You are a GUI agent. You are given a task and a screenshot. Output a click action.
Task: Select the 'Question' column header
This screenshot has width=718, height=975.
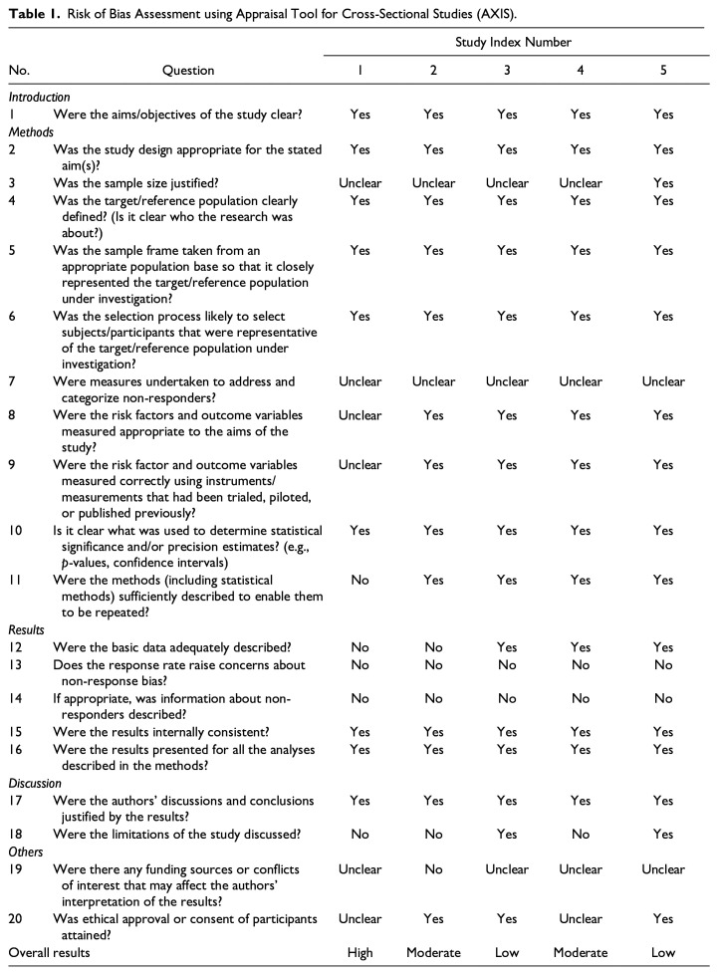tap(189, 71)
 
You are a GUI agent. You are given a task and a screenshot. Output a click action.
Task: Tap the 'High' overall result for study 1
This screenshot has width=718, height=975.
tap(360, 952)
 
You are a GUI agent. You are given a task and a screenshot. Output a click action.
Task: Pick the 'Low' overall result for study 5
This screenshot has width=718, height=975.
tap(663, 952)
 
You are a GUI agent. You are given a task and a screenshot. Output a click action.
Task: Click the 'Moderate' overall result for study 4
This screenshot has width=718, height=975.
tap(581, 952)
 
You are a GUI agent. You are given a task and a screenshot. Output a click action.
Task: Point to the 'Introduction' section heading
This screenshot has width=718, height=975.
tap(40, 98)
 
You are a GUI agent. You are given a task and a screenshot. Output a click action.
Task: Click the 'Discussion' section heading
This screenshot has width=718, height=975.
tap(36, 784)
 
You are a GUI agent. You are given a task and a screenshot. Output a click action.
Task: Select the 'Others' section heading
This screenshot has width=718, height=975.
tap(28, 853)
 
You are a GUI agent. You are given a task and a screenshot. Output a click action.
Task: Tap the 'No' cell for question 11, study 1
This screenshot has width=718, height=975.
tap(360, 580)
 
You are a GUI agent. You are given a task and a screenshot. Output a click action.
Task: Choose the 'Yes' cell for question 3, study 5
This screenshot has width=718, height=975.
tap(663, 183)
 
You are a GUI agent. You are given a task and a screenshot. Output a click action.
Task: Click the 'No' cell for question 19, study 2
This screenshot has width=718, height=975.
tap(434, 869)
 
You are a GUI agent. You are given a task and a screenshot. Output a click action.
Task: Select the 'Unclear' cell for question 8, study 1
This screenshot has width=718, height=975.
tap(360, 415)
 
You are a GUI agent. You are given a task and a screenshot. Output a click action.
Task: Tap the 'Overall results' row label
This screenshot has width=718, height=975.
tap(49, 952)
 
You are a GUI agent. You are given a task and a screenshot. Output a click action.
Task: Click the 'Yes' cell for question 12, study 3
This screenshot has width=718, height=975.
tap(508, 647)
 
